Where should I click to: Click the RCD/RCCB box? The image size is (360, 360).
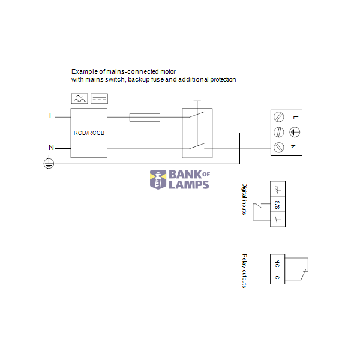(x=89, y=133)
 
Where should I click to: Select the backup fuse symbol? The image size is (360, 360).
(x=145, y=118)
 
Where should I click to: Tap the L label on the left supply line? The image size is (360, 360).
(x=50, y=116)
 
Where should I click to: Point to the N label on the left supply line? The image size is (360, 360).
(x=50, y=147)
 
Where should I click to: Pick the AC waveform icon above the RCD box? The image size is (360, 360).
(x=80, y=98)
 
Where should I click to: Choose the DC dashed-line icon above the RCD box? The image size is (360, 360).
(x=99, y=98)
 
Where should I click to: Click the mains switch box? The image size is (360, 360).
(x=197, y=133)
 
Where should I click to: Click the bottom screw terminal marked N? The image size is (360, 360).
(x=278, y=147)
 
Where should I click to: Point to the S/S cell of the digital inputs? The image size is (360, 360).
(x=277, y=204)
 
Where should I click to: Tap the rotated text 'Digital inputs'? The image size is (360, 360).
(x=244, y=199)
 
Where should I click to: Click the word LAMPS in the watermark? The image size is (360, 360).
(x=188, y=184)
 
